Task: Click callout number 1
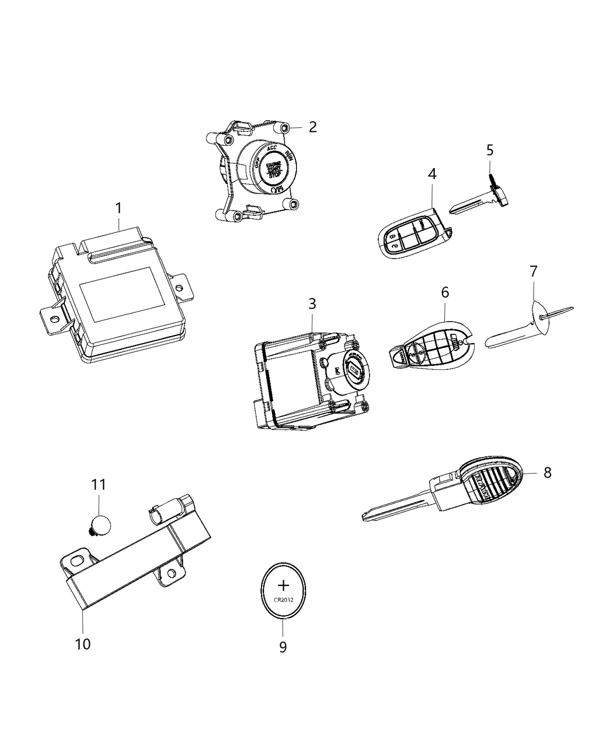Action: click(119, 208)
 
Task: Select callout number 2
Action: click(313, 127)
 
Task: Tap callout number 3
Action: click(312, 304)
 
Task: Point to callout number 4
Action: click(432, 174)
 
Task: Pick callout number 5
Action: click(490, 150)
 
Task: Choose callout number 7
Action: click(534, 271)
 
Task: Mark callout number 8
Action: click(547, 472)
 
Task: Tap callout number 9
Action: click(283, 647)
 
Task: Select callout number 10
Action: click(83, 644)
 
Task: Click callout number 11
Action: click(99, 485)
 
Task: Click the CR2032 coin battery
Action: click(283, 591)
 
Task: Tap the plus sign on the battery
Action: click(283, 585)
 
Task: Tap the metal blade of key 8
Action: click(397, 506)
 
